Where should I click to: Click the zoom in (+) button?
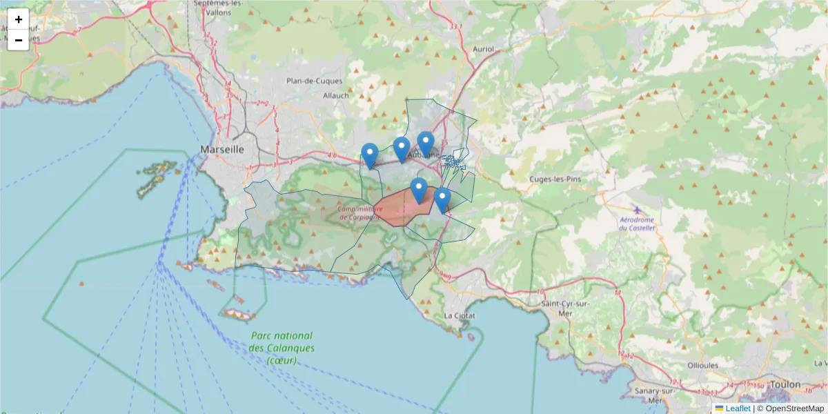[x=19, y=19]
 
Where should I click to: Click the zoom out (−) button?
[x=19, y=40]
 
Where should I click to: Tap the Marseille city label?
[x=222, y=149]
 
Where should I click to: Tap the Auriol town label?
[x=484, y=49]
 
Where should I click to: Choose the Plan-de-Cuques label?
[x=315, y=81]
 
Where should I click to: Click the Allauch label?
[x=336, y=96]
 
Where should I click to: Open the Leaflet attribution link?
[x=738, y=408]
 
